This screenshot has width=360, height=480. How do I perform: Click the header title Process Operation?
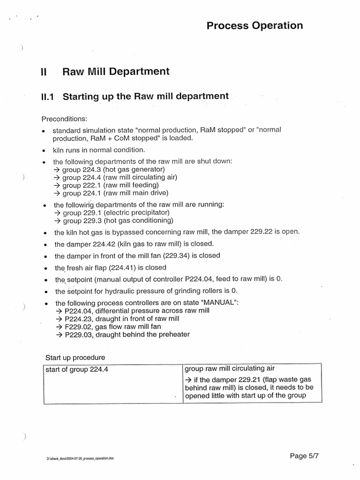pos(255,25)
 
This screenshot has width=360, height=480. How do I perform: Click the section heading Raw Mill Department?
pos(116,72)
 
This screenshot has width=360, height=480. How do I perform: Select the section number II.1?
pos(48,97)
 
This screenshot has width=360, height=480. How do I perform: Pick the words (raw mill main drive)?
pos(136,193)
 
